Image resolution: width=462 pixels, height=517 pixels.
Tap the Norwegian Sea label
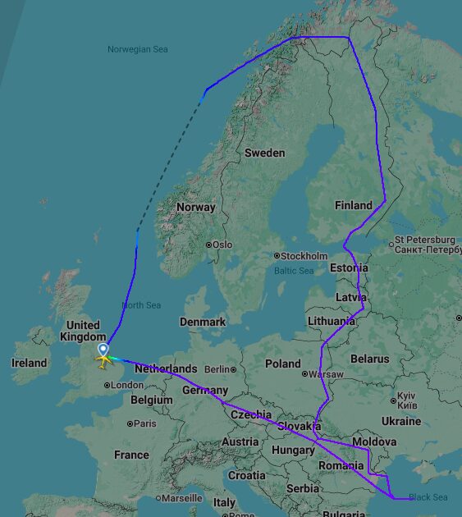[137, 49]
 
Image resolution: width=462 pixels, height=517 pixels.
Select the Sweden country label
[264, 153]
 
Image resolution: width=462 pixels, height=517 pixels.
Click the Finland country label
[354, 205]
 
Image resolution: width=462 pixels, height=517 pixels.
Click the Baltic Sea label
[294, 271]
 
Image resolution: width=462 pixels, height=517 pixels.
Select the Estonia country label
[349, 268]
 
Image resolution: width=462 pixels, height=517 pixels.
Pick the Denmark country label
[203, 322]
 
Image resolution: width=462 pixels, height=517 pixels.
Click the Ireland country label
[30, 363]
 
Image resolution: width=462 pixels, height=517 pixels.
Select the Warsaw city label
[326, 374]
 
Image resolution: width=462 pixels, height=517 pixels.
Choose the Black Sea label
[428, 497]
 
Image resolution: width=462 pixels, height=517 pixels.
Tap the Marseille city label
[181, 498]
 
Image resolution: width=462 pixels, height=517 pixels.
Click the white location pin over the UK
[103, 350]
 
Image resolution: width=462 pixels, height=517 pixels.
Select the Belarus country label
[369, 359]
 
